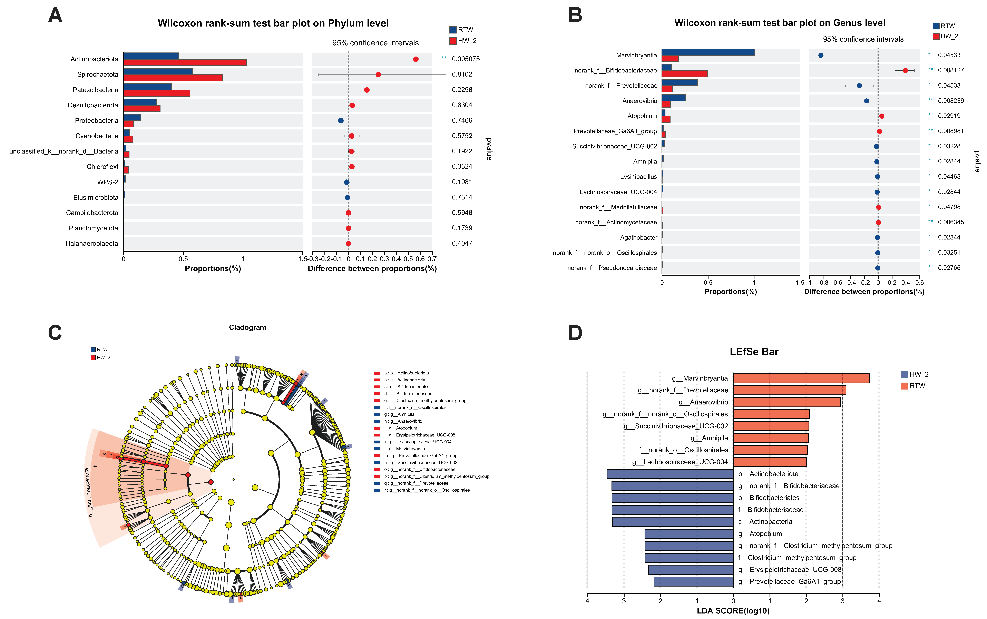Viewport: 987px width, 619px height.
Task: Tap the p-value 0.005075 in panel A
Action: [x=466, y=59]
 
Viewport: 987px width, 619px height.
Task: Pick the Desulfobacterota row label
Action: [x=93, y=105]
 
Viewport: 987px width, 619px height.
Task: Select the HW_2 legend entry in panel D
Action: [x=915, y=374]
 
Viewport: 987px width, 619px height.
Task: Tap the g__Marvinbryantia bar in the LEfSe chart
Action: [x=801, y=378]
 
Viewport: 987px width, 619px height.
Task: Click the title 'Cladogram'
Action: [x=247, y=327]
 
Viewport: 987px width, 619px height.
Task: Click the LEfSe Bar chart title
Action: [x=754, y=352]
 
